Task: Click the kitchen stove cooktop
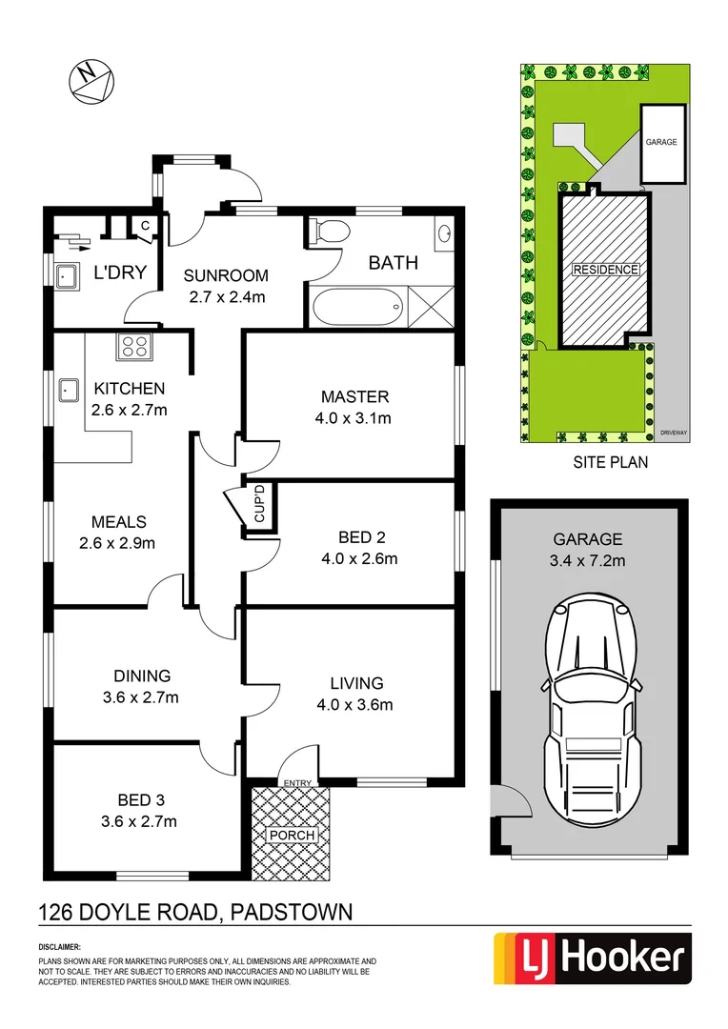tap(134, 347)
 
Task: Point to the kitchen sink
tap(68, 390)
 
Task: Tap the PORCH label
tap(291, 836)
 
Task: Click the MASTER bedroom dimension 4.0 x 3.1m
tap(354, 417)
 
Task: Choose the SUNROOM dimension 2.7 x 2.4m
tap(226, 296)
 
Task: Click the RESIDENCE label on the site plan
tap(604, 270)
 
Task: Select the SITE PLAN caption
tap(610, 464)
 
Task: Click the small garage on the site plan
tap(660, 143)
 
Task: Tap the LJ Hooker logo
tap(591, 958)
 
